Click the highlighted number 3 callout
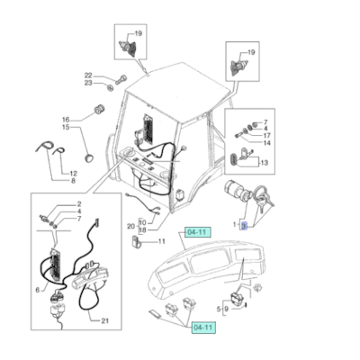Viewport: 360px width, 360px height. click(243, 227)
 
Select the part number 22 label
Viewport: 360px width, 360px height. click(87, 76)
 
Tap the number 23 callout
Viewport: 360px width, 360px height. click(87, 84)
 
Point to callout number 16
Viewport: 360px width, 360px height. click(65, 120)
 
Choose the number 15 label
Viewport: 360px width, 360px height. click(65, 128)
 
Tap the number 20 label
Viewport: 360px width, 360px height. click(131, 226)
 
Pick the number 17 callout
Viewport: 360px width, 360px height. click(267, 136)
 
